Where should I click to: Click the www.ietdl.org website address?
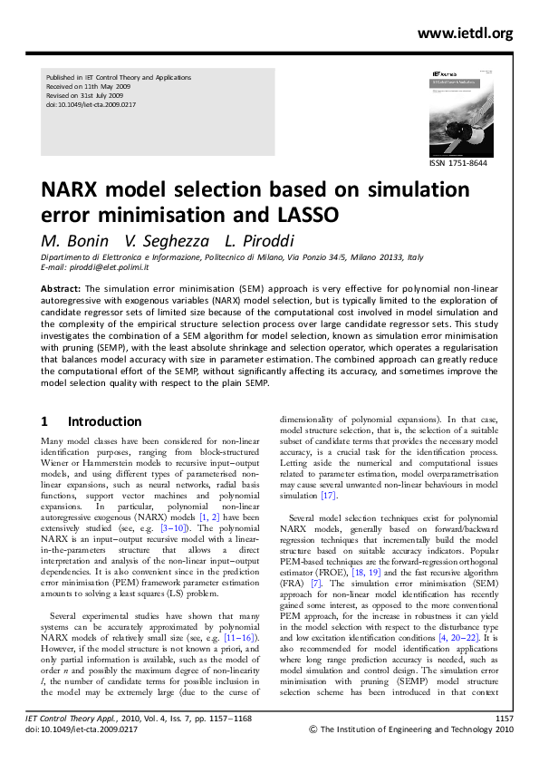(x=465, y=34)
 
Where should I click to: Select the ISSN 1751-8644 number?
(x=457, y=162)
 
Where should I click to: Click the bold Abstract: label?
(x=61, y=286)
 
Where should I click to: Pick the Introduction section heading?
(x=104, y=421)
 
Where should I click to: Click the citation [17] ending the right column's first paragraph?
(x=328, y=496)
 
